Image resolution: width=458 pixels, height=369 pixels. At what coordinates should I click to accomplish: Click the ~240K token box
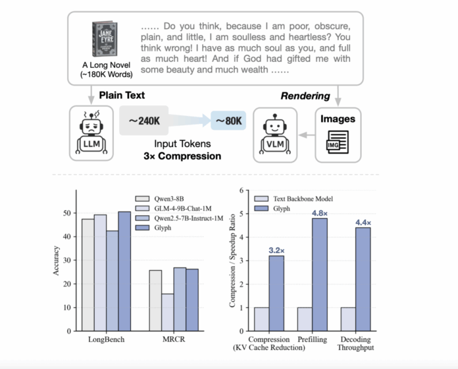click(x=145, y=121)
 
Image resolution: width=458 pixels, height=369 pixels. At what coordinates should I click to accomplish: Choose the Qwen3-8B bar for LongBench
click(x=88, y=274)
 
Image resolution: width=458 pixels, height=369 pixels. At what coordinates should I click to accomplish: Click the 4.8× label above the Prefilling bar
click(x=318, y=212)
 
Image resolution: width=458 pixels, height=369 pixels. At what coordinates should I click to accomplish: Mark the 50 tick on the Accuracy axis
click(x=68, y=213)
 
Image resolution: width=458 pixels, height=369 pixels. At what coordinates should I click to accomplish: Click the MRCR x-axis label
click(x=170, y=339)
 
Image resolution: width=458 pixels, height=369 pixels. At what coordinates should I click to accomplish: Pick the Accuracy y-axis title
click(x=56, y=260)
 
